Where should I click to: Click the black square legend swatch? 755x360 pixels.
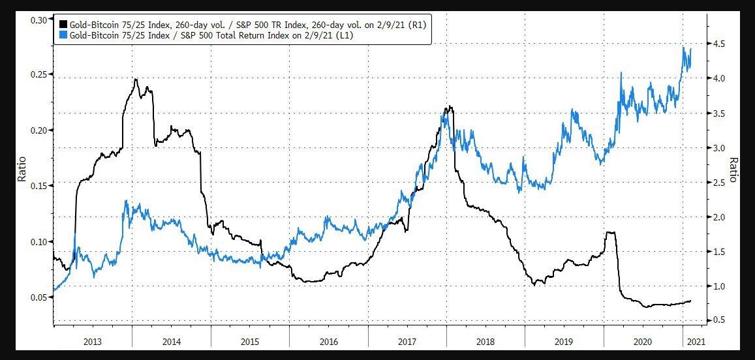click(x=63, y=24)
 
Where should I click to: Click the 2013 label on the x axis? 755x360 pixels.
click(x=93, y=341)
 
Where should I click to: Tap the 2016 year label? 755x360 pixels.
click(x=329, y=341)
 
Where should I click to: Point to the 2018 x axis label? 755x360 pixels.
click(x=486, y=341)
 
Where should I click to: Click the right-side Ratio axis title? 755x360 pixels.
click(x=734, y=170)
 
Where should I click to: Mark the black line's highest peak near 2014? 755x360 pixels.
click(x=136, y=79)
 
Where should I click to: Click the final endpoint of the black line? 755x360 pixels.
click(x=691, y=301)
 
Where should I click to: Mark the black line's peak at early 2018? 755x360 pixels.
click(x=448, y=106)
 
